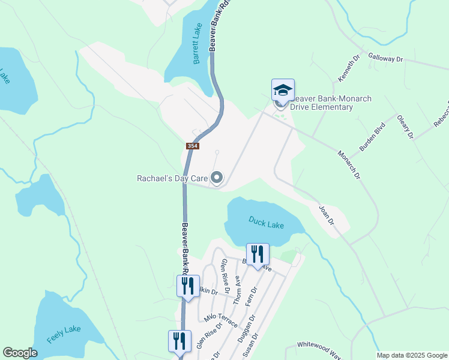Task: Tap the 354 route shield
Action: tap(192, 146)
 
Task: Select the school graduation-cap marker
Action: tap(283, 91)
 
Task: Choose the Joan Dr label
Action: tap(326, 215)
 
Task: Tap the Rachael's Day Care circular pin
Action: tap(217, 178)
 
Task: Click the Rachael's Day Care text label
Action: tap(172, 178)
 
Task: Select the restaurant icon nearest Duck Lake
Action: tap(258, 254)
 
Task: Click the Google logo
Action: tap(20, 353)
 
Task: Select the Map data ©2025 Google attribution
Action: tap(411, 355)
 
